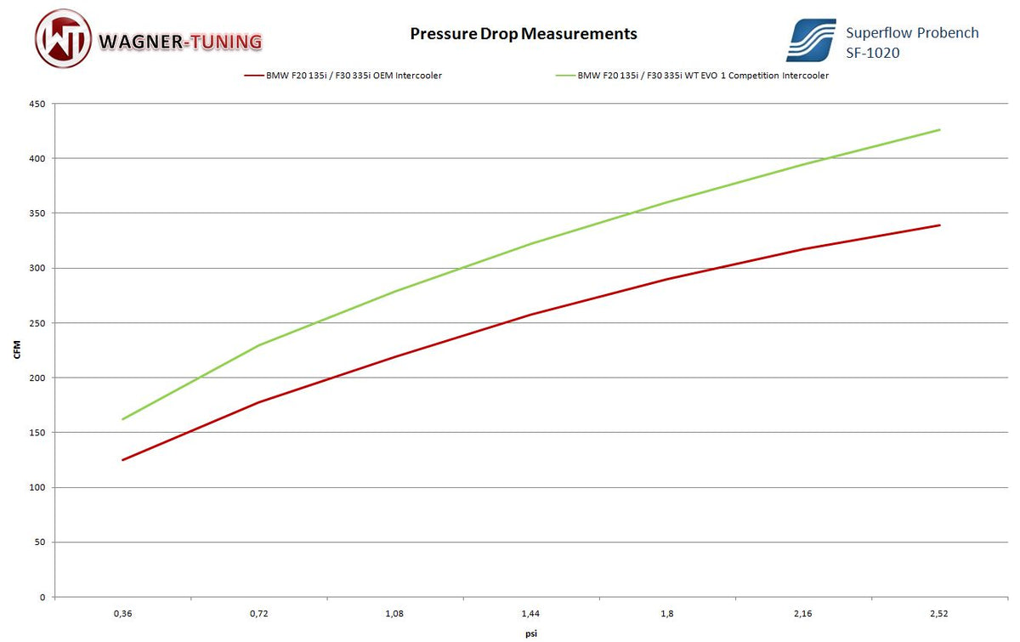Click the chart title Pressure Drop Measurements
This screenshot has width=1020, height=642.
(x=523, y=34)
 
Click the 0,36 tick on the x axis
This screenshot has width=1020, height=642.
(x=122, y=612)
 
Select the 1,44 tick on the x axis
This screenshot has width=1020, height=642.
(x=530, y=612)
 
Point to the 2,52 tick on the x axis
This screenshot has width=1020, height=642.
(x=939, y=612)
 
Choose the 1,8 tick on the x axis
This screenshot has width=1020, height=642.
(x=667, y=612)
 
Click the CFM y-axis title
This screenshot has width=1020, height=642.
(x=17, y=350)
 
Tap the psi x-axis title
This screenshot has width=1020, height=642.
(x=530, y=633)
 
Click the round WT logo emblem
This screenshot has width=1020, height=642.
(x=62, y=38)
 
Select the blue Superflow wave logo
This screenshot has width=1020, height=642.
(x=810, y=39)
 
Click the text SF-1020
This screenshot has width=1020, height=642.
(x=873, y=53)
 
